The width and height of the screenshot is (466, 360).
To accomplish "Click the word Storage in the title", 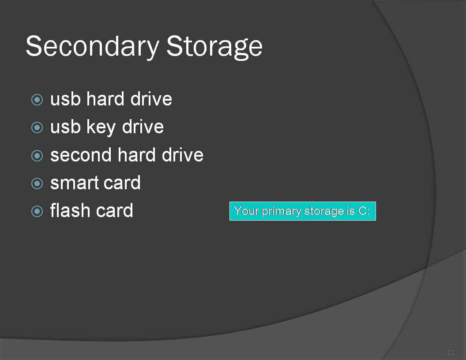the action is pyautogui.click(x=214, y=47).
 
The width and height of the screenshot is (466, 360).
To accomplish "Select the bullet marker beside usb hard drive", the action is pyautogui.click(x=37, y=100).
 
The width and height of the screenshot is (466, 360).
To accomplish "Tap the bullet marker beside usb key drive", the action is pyautogui.click(x=37, y=128).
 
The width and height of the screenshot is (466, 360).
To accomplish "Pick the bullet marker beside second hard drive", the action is pyautogui.click(x=37, y=156).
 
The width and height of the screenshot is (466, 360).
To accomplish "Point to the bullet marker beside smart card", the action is pyautogui.click(x=37, y=184).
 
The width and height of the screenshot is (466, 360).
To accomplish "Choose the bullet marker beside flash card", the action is pyautogui.click(x=37, y=211).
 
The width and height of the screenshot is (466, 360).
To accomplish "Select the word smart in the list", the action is pyautogui.click(x=74, y=183).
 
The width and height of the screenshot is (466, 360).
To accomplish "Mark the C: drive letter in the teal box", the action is pyautogui.click(x=365, y=211).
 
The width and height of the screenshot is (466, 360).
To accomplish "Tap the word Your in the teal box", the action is pyautogui.click(x=247, y=210).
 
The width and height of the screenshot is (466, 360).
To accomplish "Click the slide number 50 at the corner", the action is pyautogui.click(x=451, y=352).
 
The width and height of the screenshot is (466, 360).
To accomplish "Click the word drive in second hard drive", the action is pyautogui.click(x=183, y=155).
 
